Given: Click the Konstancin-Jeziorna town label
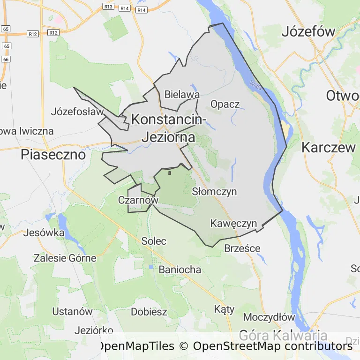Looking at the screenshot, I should click(x=169, y=128).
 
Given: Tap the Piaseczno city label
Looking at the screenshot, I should click(x=53, y=155).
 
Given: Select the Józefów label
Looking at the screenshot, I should click(x=308, y=32).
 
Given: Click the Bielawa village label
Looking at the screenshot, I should click(x=182, y=95).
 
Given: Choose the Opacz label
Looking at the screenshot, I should click(x=225, y=104).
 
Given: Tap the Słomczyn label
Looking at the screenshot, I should click(x=214, y=192).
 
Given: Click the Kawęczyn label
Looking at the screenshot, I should click(x=233, y=223).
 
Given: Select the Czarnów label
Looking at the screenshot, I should click(x=138, y=200).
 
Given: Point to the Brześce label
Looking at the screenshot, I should click(x=242, y=248).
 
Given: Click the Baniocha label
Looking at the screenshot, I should click(x=180, y=270).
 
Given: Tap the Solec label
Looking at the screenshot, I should click(x=154, y=241).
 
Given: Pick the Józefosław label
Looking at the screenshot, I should click(x=77, y=112).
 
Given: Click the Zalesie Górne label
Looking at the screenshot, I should click(x=65, y=258).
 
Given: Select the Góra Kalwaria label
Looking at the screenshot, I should click(x=283, y=335).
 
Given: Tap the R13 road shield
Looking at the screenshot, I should click(x=108, y=7).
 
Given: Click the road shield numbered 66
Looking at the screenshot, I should click(x=6, y=60).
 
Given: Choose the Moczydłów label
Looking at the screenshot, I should click(x=269, y=317).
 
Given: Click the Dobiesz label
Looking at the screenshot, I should click(x=149, y=312).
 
